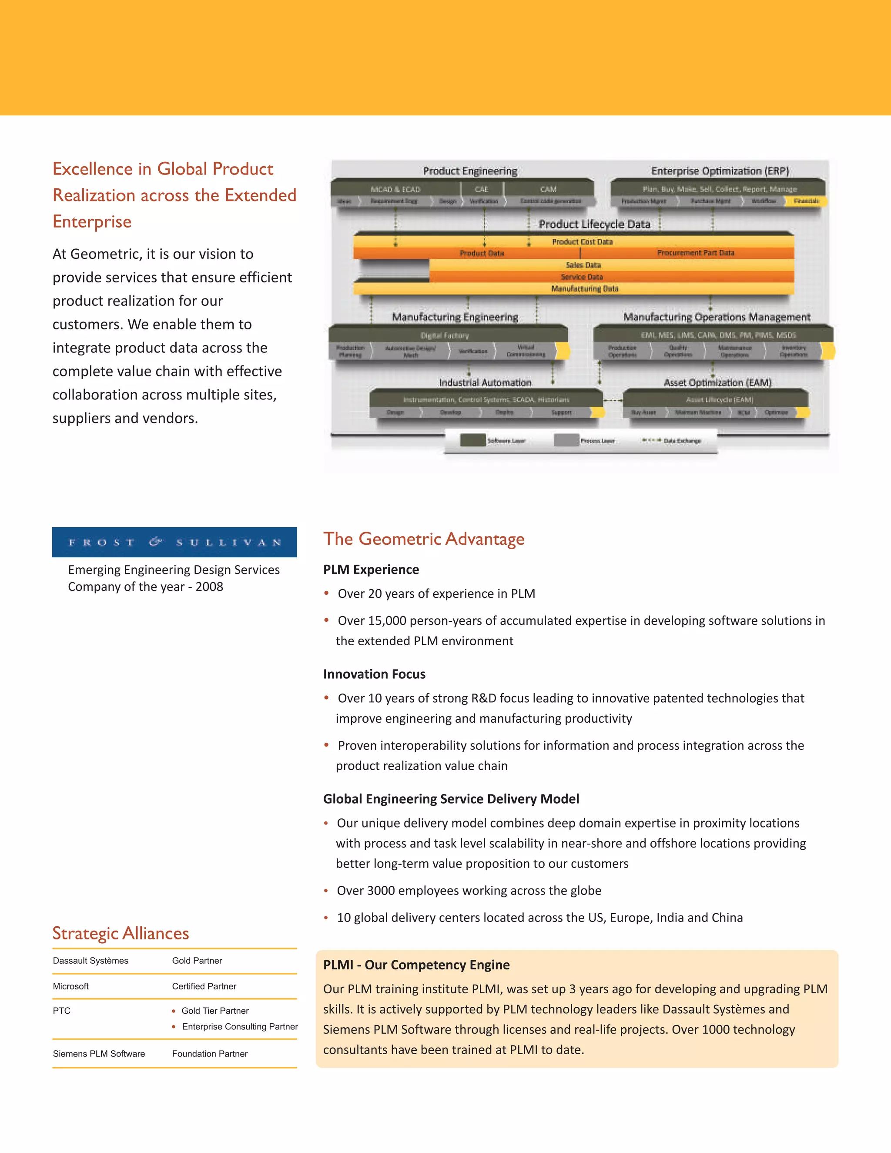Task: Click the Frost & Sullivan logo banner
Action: (174, 542)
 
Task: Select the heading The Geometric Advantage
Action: (424, 539)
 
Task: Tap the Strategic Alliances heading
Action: (121, 933)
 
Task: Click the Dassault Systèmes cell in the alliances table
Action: (90, 960)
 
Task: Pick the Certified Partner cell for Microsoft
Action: (204, 986)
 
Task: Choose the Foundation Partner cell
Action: (210, 1053)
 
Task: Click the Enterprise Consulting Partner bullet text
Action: (240, 1026)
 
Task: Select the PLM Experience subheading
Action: (371, 569)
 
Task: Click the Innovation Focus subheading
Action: (374, 674)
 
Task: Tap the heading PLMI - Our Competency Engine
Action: (416, 965)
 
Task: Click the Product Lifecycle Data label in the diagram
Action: (594, 225)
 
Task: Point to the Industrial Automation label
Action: (485, 382)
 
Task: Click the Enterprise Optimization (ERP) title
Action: (720, 171)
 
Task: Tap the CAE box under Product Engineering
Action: (482, 189)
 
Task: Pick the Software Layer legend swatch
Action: (472, 440)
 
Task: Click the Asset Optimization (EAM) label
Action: (717, 382)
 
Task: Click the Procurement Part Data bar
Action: (695, 253)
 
